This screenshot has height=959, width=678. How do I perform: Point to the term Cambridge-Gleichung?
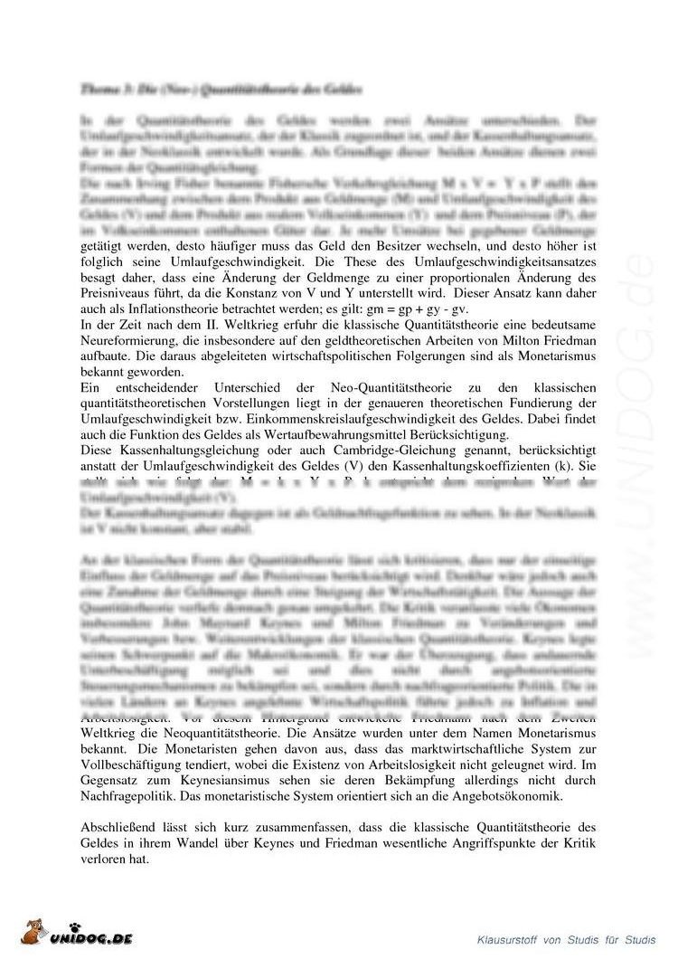click(333, 451)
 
